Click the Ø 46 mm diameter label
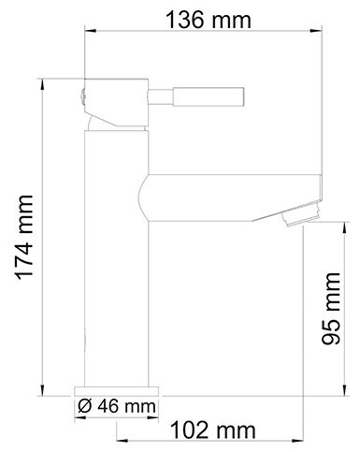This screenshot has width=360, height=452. tap(117, 406)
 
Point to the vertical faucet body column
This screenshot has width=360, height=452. tap(117, 281)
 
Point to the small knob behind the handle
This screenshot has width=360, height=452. tap(80, 95)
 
